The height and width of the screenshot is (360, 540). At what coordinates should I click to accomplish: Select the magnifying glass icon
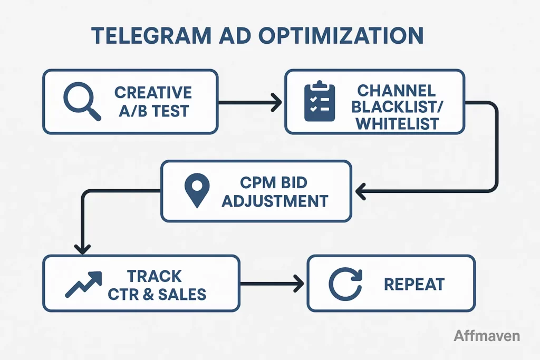(81, 101)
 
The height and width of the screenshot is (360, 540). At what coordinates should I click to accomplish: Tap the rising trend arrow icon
(84, 284)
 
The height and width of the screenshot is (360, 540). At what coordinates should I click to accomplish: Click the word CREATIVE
(153, 92)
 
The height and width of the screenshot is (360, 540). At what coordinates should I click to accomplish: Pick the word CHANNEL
(394, 90)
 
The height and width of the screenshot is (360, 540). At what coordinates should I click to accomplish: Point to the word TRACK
(155, 276)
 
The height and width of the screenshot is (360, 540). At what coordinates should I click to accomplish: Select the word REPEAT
(414, 285)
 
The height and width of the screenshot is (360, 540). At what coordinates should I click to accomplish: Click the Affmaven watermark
(486, 336)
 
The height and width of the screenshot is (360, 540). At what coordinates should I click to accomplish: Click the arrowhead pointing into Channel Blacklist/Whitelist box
(275, 102)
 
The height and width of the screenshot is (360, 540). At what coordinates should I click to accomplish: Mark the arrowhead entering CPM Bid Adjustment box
(361, 191)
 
